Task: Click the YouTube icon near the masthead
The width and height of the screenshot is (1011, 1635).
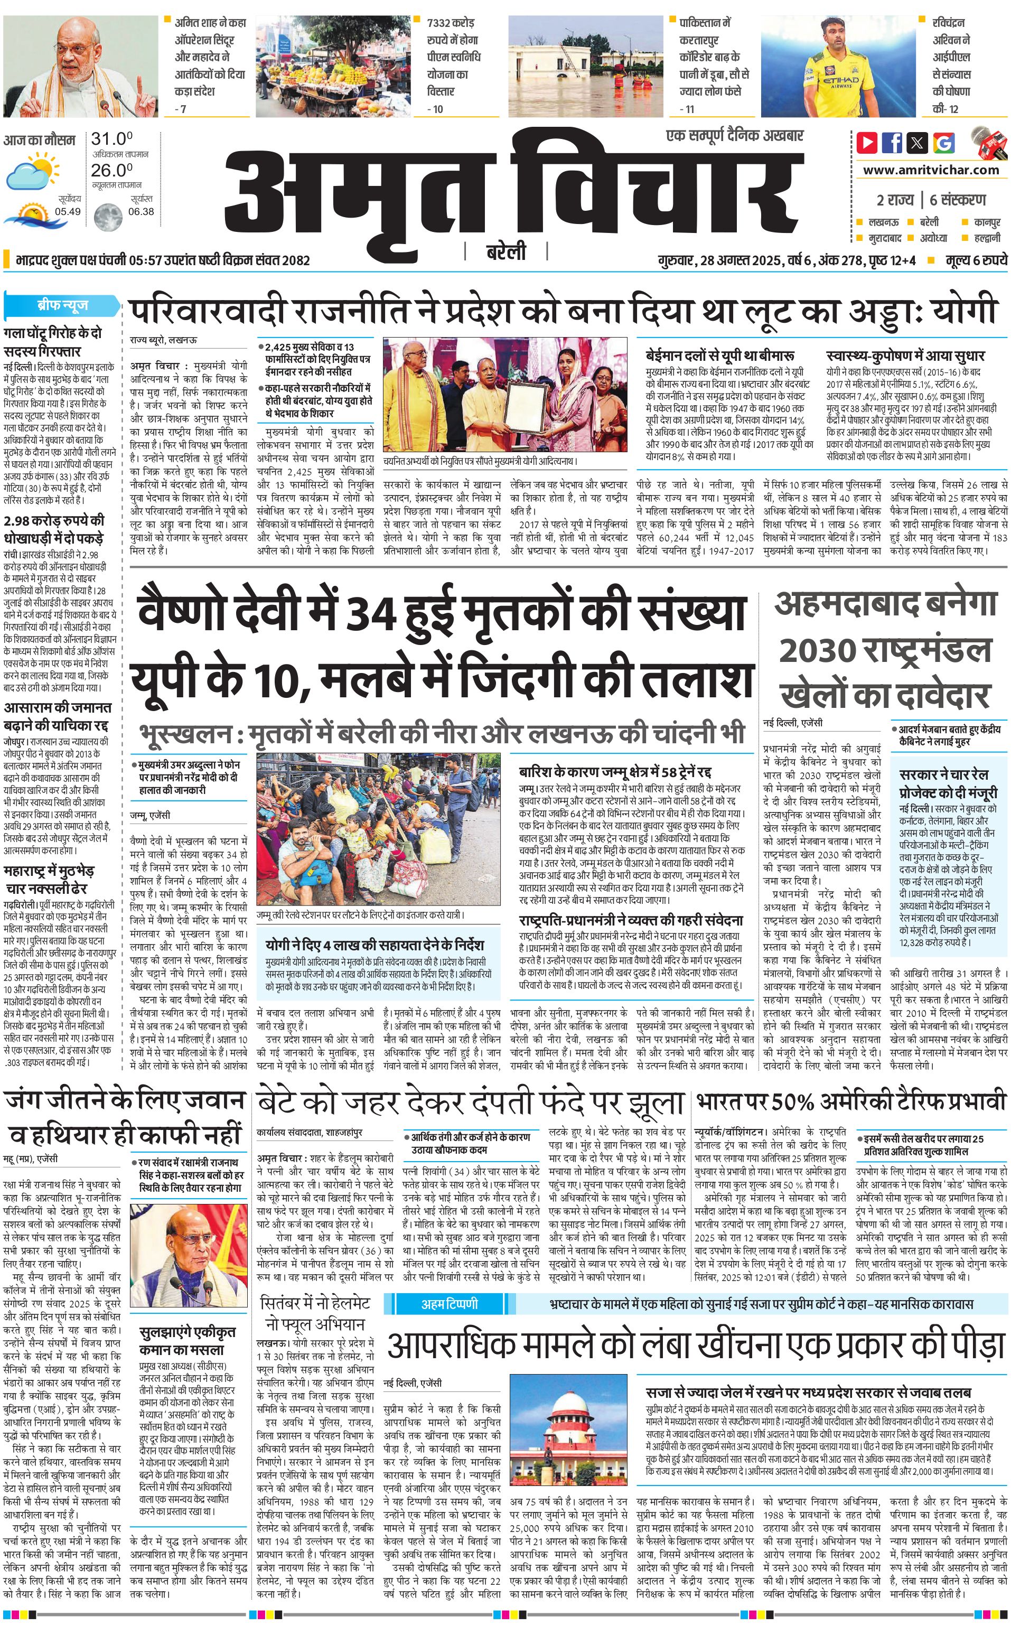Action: (x=867, y=143)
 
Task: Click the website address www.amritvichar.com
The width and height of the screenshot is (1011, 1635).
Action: (x=931, y=170)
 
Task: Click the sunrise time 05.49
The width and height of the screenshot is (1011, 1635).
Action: (x=68, y=211)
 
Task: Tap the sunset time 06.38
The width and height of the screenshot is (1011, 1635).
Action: (x=141, y=211)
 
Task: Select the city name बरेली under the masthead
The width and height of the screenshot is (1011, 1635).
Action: (x=506, y=252)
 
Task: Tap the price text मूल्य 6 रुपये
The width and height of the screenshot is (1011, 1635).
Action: (x=976, y=260)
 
